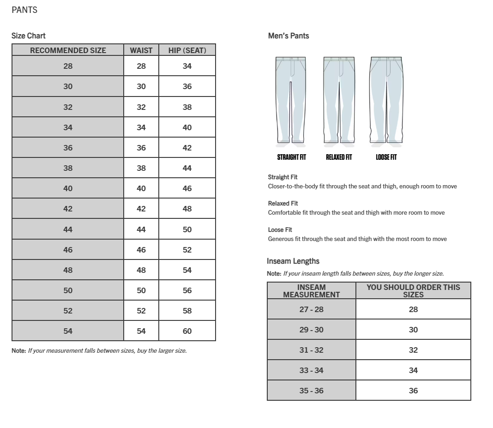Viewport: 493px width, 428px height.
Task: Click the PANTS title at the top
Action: click(24, 10)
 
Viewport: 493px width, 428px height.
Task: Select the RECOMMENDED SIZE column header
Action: click(68, 50)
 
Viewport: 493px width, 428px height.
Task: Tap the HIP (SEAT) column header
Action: click(187, 50)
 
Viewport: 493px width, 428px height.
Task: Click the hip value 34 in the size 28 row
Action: click(187, 66)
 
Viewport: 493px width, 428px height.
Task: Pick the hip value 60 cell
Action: click(187, 331)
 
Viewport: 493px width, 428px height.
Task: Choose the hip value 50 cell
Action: click(187, 229)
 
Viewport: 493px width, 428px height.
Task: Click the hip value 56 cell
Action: click(187, 290)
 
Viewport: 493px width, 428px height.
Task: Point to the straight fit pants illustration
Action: click(291, 100)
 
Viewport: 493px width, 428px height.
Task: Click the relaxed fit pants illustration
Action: click(339, 100)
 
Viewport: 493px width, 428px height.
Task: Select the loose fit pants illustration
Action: click(386, 100)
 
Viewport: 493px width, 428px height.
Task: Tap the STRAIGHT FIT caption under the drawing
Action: click(291, 157)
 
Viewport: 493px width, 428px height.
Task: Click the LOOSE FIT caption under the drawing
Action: click(386, 157)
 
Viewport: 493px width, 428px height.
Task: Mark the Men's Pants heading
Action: click(289, 36)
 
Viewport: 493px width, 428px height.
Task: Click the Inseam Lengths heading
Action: click(293, 261)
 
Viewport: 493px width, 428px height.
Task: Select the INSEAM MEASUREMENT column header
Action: click(311, 291)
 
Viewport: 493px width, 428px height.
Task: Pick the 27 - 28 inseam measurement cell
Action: click(311, 309)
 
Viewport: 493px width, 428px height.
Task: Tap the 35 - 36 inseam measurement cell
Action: click(311, 391)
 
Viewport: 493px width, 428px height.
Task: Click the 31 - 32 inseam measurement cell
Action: click(311, 350)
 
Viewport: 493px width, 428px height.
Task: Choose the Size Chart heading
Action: click(29, 36)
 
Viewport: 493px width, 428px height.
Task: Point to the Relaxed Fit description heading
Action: click(283, 204)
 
